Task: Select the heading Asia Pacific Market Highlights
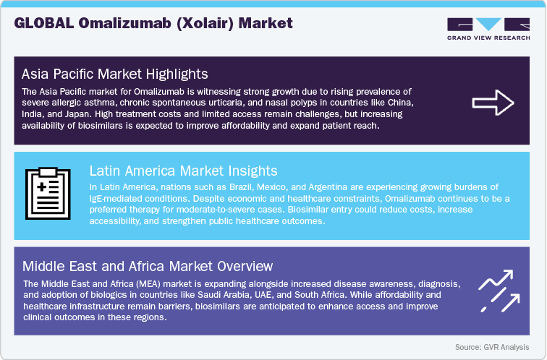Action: coord(115,74)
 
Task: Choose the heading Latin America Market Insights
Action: coord(184,171)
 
